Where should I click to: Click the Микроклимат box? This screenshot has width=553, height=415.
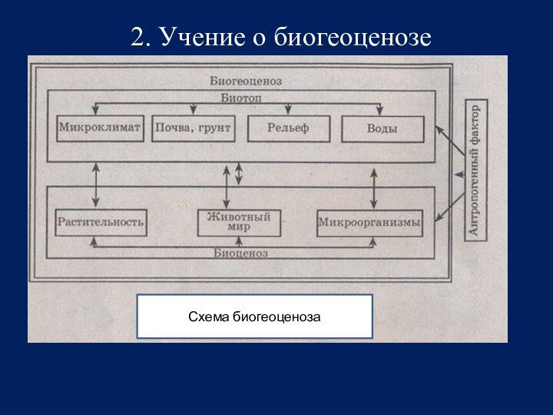[x=100, y=128]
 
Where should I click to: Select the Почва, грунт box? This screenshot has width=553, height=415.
[x=193, y=128]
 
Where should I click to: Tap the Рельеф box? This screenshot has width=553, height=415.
[x=288, y=128]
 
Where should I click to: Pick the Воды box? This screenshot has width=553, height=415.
[x=382, y=128]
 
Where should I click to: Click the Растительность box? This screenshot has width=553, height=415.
[x=100, y=223]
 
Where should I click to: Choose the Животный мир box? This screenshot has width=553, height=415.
[x=239, y=222]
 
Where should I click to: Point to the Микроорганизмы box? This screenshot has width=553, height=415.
[x=369, y=223]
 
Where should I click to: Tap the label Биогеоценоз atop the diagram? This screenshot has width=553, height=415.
[x=245, y=80]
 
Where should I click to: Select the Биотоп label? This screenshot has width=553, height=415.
[x=241, y=98]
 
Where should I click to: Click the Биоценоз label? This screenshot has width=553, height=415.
[x=240, y=253]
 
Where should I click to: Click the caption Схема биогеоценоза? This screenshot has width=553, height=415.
[x=254, y=317]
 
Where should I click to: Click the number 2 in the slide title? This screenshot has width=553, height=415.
[x=137, y=36]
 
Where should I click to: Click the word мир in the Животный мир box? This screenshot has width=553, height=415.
[x=239, y=227]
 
